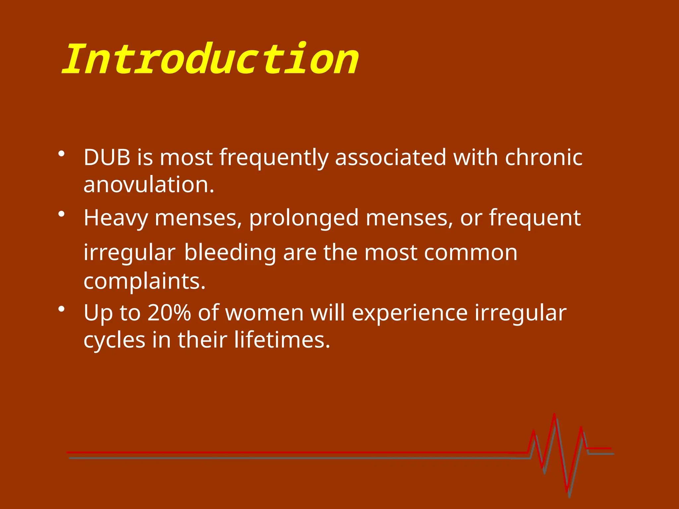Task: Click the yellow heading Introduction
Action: (211, 60)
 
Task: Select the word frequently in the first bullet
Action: (274, 158)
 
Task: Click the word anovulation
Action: (149, 185)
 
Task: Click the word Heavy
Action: (116, 218)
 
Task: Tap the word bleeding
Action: (230, 253)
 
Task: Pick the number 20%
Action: (169, 312)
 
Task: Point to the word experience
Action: (409, 313)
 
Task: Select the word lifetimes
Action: (282, 340)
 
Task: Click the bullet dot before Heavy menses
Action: (61, 214)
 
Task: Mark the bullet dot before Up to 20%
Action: (61, 309)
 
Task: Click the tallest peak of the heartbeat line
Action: (554, 415)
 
